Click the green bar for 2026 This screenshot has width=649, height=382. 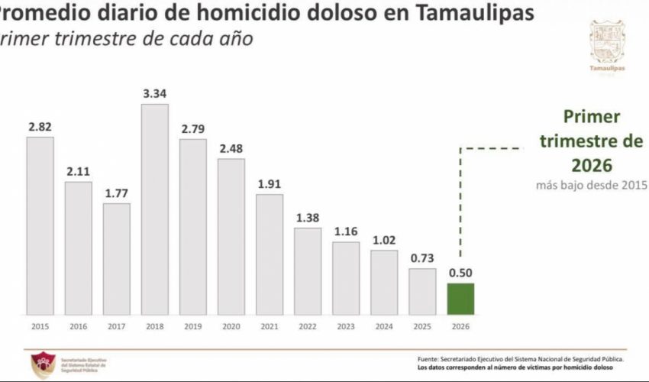click(x=460, y=298)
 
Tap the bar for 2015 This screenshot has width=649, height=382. click(x=40, y=225)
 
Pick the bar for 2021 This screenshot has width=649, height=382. click(x=269, y=254)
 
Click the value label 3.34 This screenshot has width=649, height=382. click(x=154, y=93)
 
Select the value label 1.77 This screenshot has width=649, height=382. click(x=116, y=193)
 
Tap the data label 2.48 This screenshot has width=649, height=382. click(x=231, y=148)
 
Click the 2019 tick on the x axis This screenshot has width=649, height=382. click(x=192, y=326)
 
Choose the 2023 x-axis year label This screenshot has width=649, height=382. click(x=345, y=326)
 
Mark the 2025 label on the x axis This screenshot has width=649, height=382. click(x=421, y=326)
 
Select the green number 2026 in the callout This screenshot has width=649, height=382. click(x=592, y=165)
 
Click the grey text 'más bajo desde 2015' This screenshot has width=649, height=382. click(x=592, y=185)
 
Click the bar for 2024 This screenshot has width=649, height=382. click(x=383, y=281)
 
